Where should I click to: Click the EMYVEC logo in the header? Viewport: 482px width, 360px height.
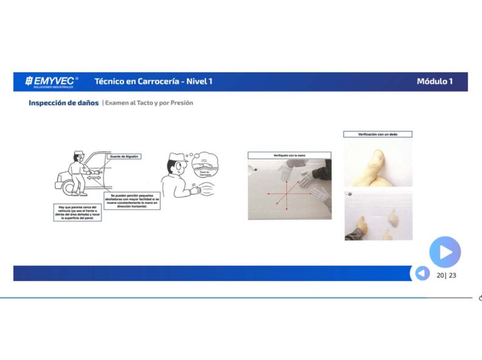coord(52,81)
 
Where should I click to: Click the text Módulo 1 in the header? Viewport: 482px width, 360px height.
coord(434,81)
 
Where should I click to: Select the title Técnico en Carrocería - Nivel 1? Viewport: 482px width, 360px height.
coord(153,81)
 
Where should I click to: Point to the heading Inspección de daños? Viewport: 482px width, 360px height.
coord(63,103)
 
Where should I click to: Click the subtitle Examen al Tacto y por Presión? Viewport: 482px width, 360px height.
coord(149,103)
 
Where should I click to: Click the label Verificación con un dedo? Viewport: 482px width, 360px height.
coord(377,134)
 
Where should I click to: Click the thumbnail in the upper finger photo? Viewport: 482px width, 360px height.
coord(377,157)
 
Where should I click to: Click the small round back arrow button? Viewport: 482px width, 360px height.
coord(422,274)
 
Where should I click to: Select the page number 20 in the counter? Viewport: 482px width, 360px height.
coord(440,275)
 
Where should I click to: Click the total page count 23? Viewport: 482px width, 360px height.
coord(452,275)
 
